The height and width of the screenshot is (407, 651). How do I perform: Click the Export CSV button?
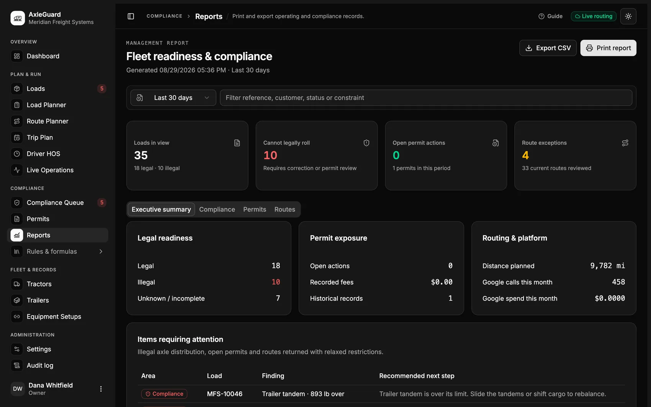[x=548, y=48]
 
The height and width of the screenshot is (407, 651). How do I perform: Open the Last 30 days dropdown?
[x=173, y=98]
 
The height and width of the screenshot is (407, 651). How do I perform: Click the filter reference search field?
[x=426, y=98]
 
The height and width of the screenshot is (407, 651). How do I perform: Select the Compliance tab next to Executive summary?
[x=217, y=209]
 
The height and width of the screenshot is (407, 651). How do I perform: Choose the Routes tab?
[x=285, y=209]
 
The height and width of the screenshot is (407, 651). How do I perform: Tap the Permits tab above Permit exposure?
[x=255, y=209]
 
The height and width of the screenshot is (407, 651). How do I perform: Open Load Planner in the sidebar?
[x=46, y=105]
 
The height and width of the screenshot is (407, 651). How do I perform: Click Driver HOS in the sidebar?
[x=43, y=154]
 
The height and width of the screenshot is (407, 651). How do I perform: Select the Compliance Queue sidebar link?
[x=55, y=203]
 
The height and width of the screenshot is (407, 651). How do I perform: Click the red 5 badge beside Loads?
[x=102, y=88]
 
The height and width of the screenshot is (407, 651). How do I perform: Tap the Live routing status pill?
[x=594, y=16]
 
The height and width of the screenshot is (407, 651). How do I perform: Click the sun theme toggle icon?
[x=628, y=16]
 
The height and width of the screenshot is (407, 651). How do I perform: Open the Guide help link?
[x=550, y=16]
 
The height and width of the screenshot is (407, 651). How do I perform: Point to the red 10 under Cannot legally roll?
[x=270, y=155]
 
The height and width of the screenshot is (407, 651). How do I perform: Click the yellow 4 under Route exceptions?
[x=525, y=155]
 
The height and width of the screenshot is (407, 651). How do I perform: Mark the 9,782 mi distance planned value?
[x=607, y=265]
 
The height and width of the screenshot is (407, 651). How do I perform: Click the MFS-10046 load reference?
[x=225, y=394]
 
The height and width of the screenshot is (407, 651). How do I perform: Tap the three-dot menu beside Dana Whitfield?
[x=101, y=389]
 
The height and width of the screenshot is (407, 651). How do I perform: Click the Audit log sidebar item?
[x=40, y=365]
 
